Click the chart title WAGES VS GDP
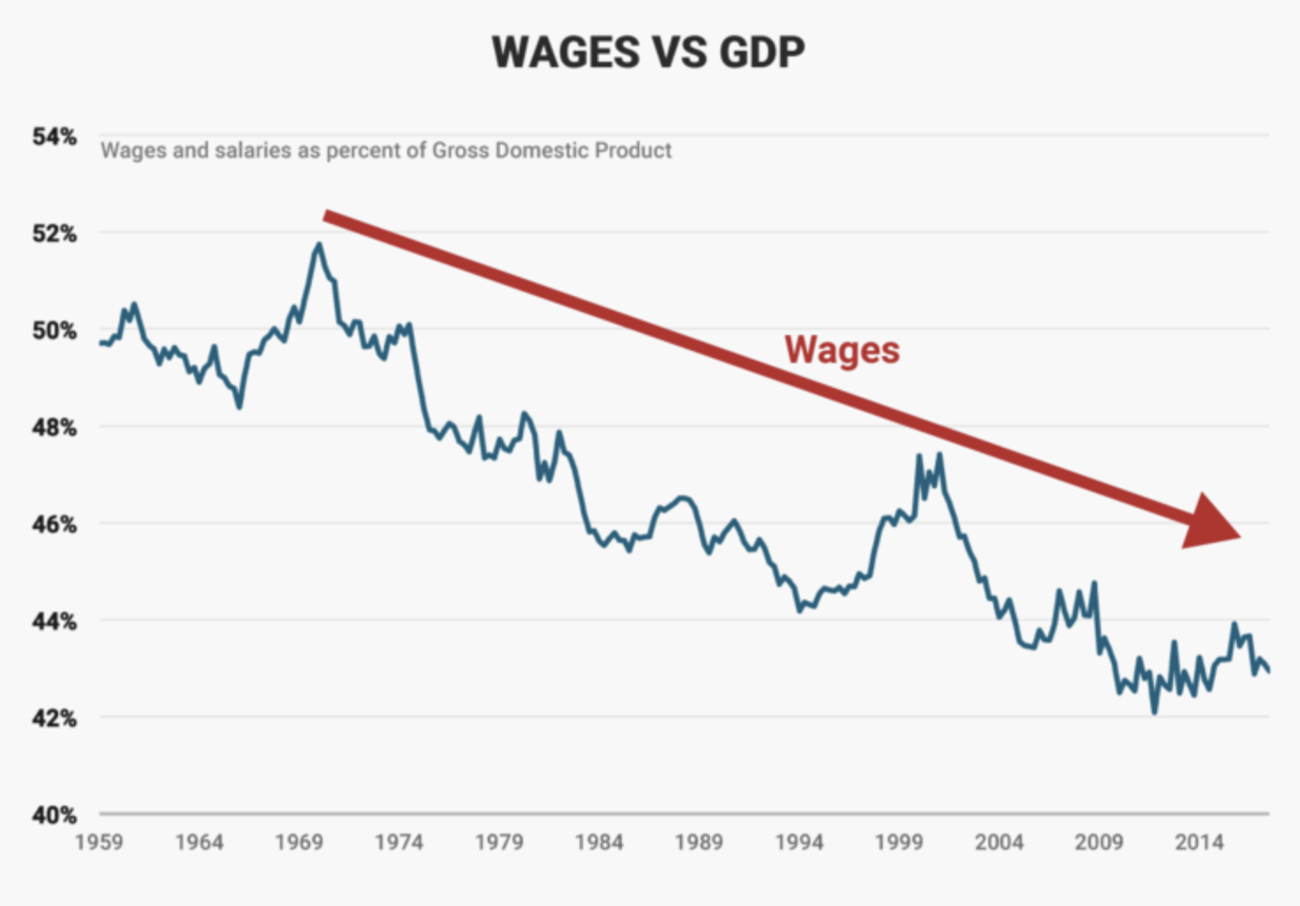[x=648, y=53]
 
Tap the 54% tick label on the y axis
[x=55, y=137]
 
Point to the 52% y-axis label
[x=55, y=234]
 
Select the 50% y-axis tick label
[x=55, y=331]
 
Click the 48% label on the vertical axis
[x=55, y=428]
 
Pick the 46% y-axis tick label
[x=55, y=525]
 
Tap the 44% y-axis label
[x=55, y=622]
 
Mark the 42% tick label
[x=55, y=719]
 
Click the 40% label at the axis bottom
[x=55, y=816]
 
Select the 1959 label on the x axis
[x=100, y=843]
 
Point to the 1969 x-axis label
[x=299, y=843]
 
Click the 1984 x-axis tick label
[x=599, y=843]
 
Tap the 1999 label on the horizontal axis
[x=899, y=843]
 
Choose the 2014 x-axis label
[x=1199, y=843]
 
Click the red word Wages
[x=842, y=351]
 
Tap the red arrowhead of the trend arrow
[x=1214, y=524]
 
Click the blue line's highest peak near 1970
[x=318, y=245]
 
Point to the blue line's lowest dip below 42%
[x=1154, y=711]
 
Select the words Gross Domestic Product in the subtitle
[x=552, y=151]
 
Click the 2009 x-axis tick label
[x=1099, y=843]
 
